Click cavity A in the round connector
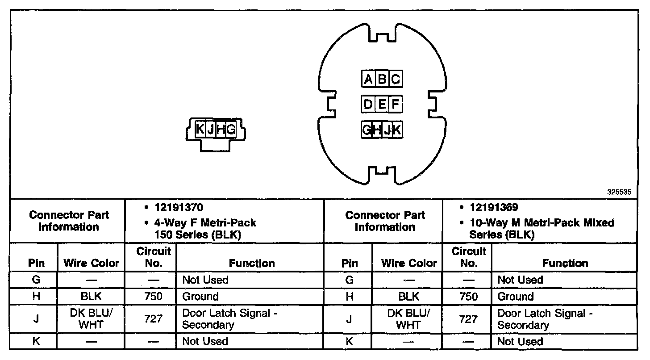point(368,80)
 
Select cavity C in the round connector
point(396,80)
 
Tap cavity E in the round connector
point(382,105)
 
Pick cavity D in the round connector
point(368,105)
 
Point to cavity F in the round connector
point(396,105)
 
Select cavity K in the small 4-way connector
point(200,130)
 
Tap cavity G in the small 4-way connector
point(231,130)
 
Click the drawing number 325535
point(619,193)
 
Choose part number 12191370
point(179,208)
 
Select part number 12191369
point(494,208)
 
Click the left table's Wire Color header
point(92,263)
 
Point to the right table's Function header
point(565,263)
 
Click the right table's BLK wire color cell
point(408,297)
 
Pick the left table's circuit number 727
point(151,319)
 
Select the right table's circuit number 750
point(468,297)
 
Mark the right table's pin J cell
point(349,319)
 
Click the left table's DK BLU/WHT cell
point(91,319)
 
